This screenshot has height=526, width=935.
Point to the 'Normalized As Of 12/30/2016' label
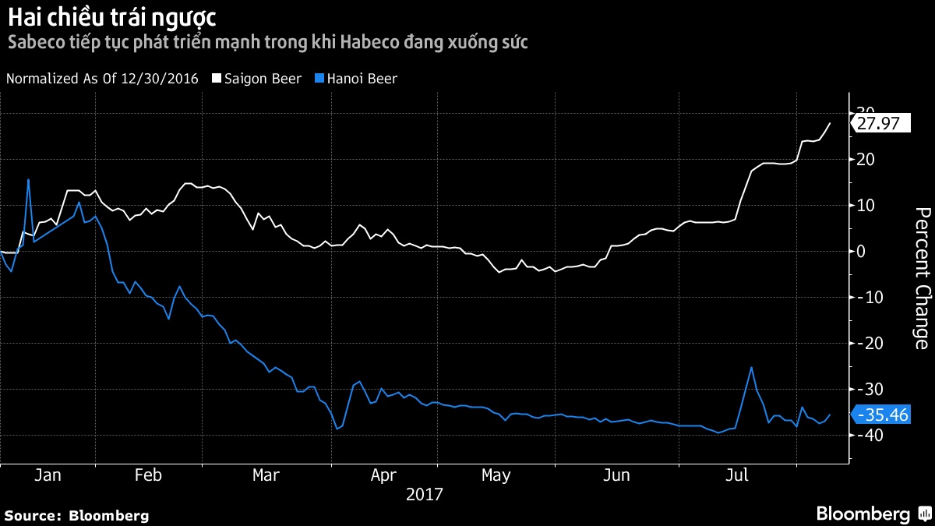[102, 79]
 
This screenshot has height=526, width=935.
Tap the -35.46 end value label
[882, 415]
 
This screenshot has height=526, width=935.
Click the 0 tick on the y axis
[861, 251]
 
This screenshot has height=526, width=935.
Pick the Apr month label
[383, 475]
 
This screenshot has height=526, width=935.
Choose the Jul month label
[736, 475]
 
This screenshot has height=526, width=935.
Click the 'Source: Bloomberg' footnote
[76, 515]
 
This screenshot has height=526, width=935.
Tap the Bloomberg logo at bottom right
[872, 514]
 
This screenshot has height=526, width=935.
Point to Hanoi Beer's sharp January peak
[28, 180]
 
